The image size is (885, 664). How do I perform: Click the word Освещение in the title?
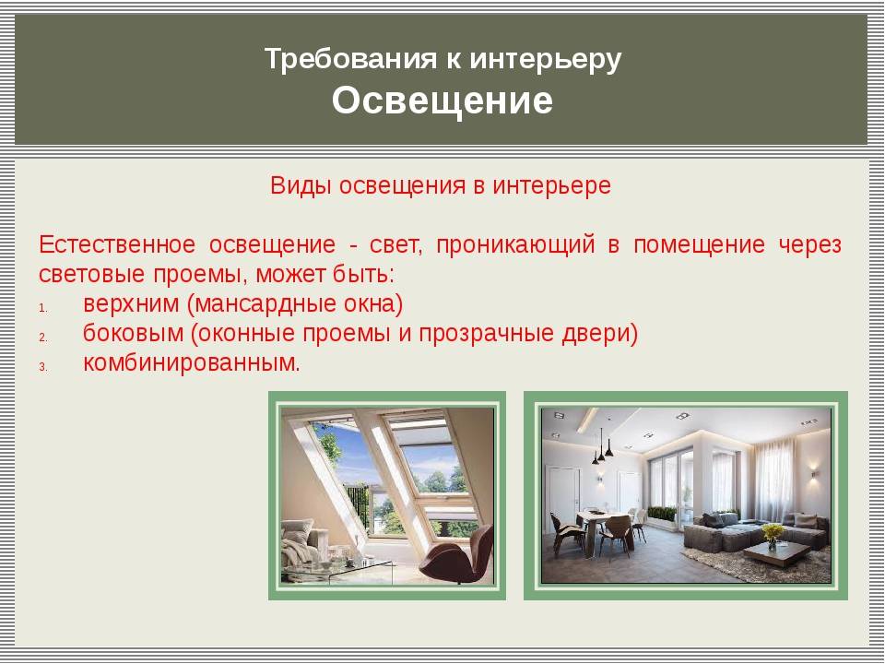(442, 101)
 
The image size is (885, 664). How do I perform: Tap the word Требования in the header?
(350, 59)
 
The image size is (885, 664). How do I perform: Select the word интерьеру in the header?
(545, 60)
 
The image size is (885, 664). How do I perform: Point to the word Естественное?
(117, 244)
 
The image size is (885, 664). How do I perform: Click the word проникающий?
(515, 245)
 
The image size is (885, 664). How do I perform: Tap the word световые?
(91, 275)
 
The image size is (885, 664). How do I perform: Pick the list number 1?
(43, 308)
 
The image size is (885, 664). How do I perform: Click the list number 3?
(43, 367)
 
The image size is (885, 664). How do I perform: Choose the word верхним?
(131, 304)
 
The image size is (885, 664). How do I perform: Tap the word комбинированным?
(192, 363)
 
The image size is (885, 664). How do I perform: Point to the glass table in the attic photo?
(338, 570)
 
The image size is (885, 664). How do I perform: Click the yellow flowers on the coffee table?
(773, 532)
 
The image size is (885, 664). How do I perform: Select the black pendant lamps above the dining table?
(602, 446)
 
